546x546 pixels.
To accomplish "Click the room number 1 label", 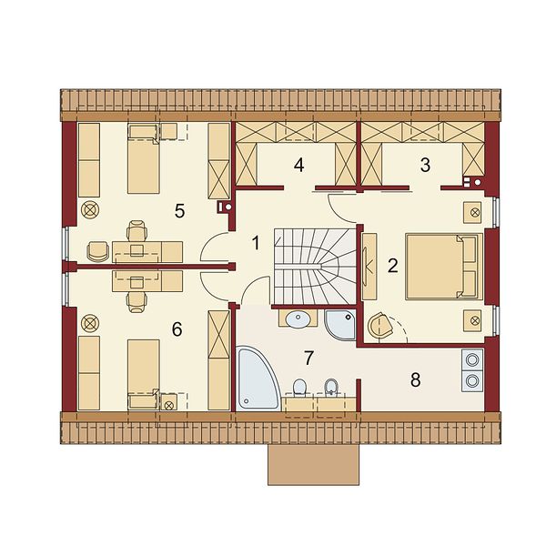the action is [256, 243].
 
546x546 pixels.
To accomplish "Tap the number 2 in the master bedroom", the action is [392, 266].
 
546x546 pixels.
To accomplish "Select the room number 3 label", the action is [425, 165].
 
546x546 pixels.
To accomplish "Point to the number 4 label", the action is [298, 165].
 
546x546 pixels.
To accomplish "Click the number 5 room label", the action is [179, 211].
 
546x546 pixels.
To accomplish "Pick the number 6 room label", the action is [177, 329].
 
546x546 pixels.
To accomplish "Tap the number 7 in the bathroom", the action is [308, 358].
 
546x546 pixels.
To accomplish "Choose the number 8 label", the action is [416, 379].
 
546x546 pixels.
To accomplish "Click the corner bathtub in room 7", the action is [256, 378].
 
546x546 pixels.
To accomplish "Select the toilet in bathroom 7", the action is [299, 388].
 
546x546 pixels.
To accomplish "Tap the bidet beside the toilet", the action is [330, 388].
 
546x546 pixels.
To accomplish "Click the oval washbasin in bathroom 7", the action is [298, 318].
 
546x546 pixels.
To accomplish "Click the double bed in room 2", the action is [444, 267].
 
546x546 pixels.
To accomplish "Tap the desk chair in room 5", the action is [136, 230].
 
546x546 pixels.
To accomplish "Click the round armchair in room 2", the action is [379, 325].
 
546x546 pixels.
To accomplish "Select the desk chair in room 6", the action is [136, 302].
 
